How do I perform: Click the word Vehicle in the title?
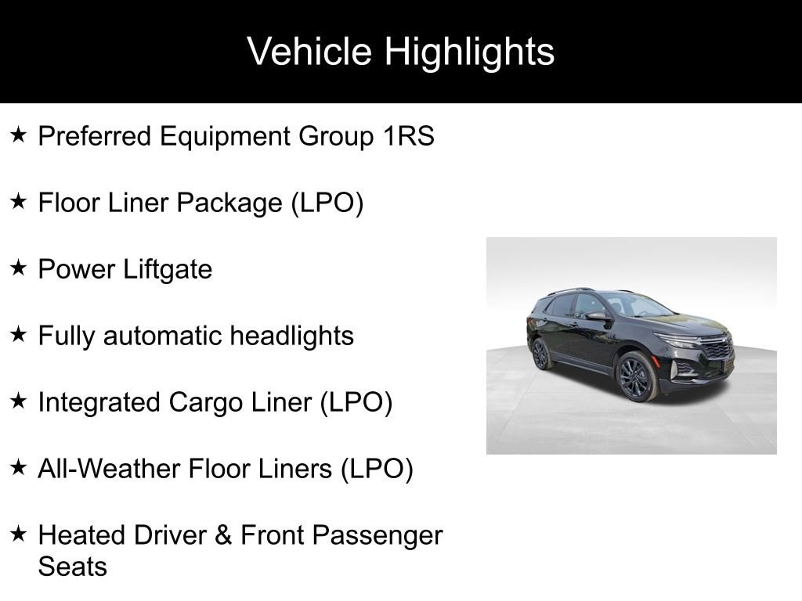click(x=309, y=51)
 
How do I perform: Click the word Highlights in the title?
click(x=469, y=52)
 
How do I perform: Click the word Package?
click(x=229, y=203)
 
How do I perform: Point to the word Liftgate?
click(x=168, y=269)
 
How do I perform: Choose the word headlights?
click(x=291, y=336)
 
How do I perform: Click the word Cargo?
click(x=206, y=403)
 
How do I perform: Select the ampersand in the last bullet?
click(x=223, y=535)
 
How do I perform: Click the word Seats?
click(x=73, y=567)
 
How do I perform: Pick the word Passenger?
click(x=378, y=536)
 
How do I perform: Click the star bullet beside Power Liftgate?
click(x=18, y=268)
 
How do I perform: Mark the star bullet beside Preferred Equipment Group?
click(x=18, y=135)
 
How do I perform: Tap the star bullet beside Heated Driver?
click(x=18, y=534)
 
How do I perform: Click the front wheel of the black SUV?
click(x=638, y=376)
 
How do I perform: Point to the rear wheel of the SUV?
click(x=541, y=354)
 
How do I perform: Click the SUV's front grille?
click(x=718, y=348)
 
